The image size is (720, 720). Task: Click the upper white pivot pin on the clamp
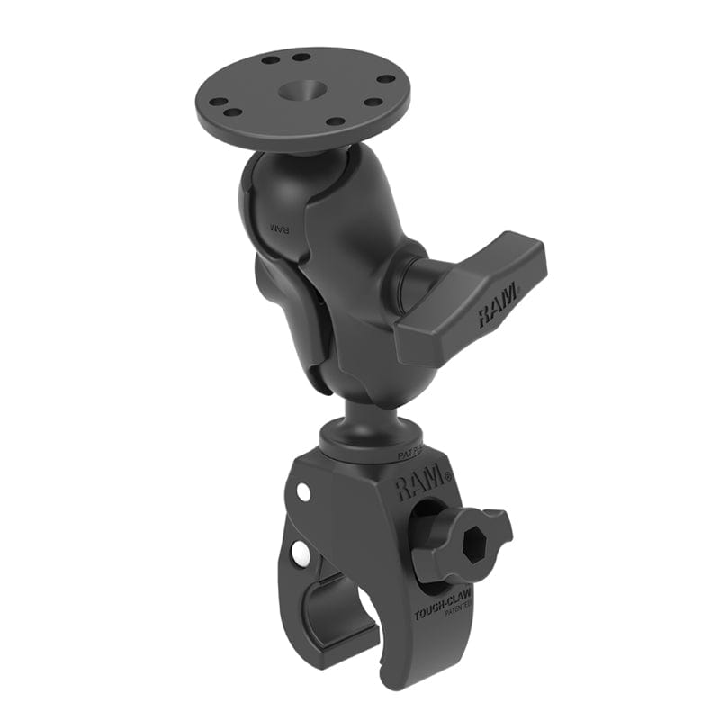[304, 493]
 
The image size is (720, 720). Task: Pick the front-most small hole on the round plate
[337, 121]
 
